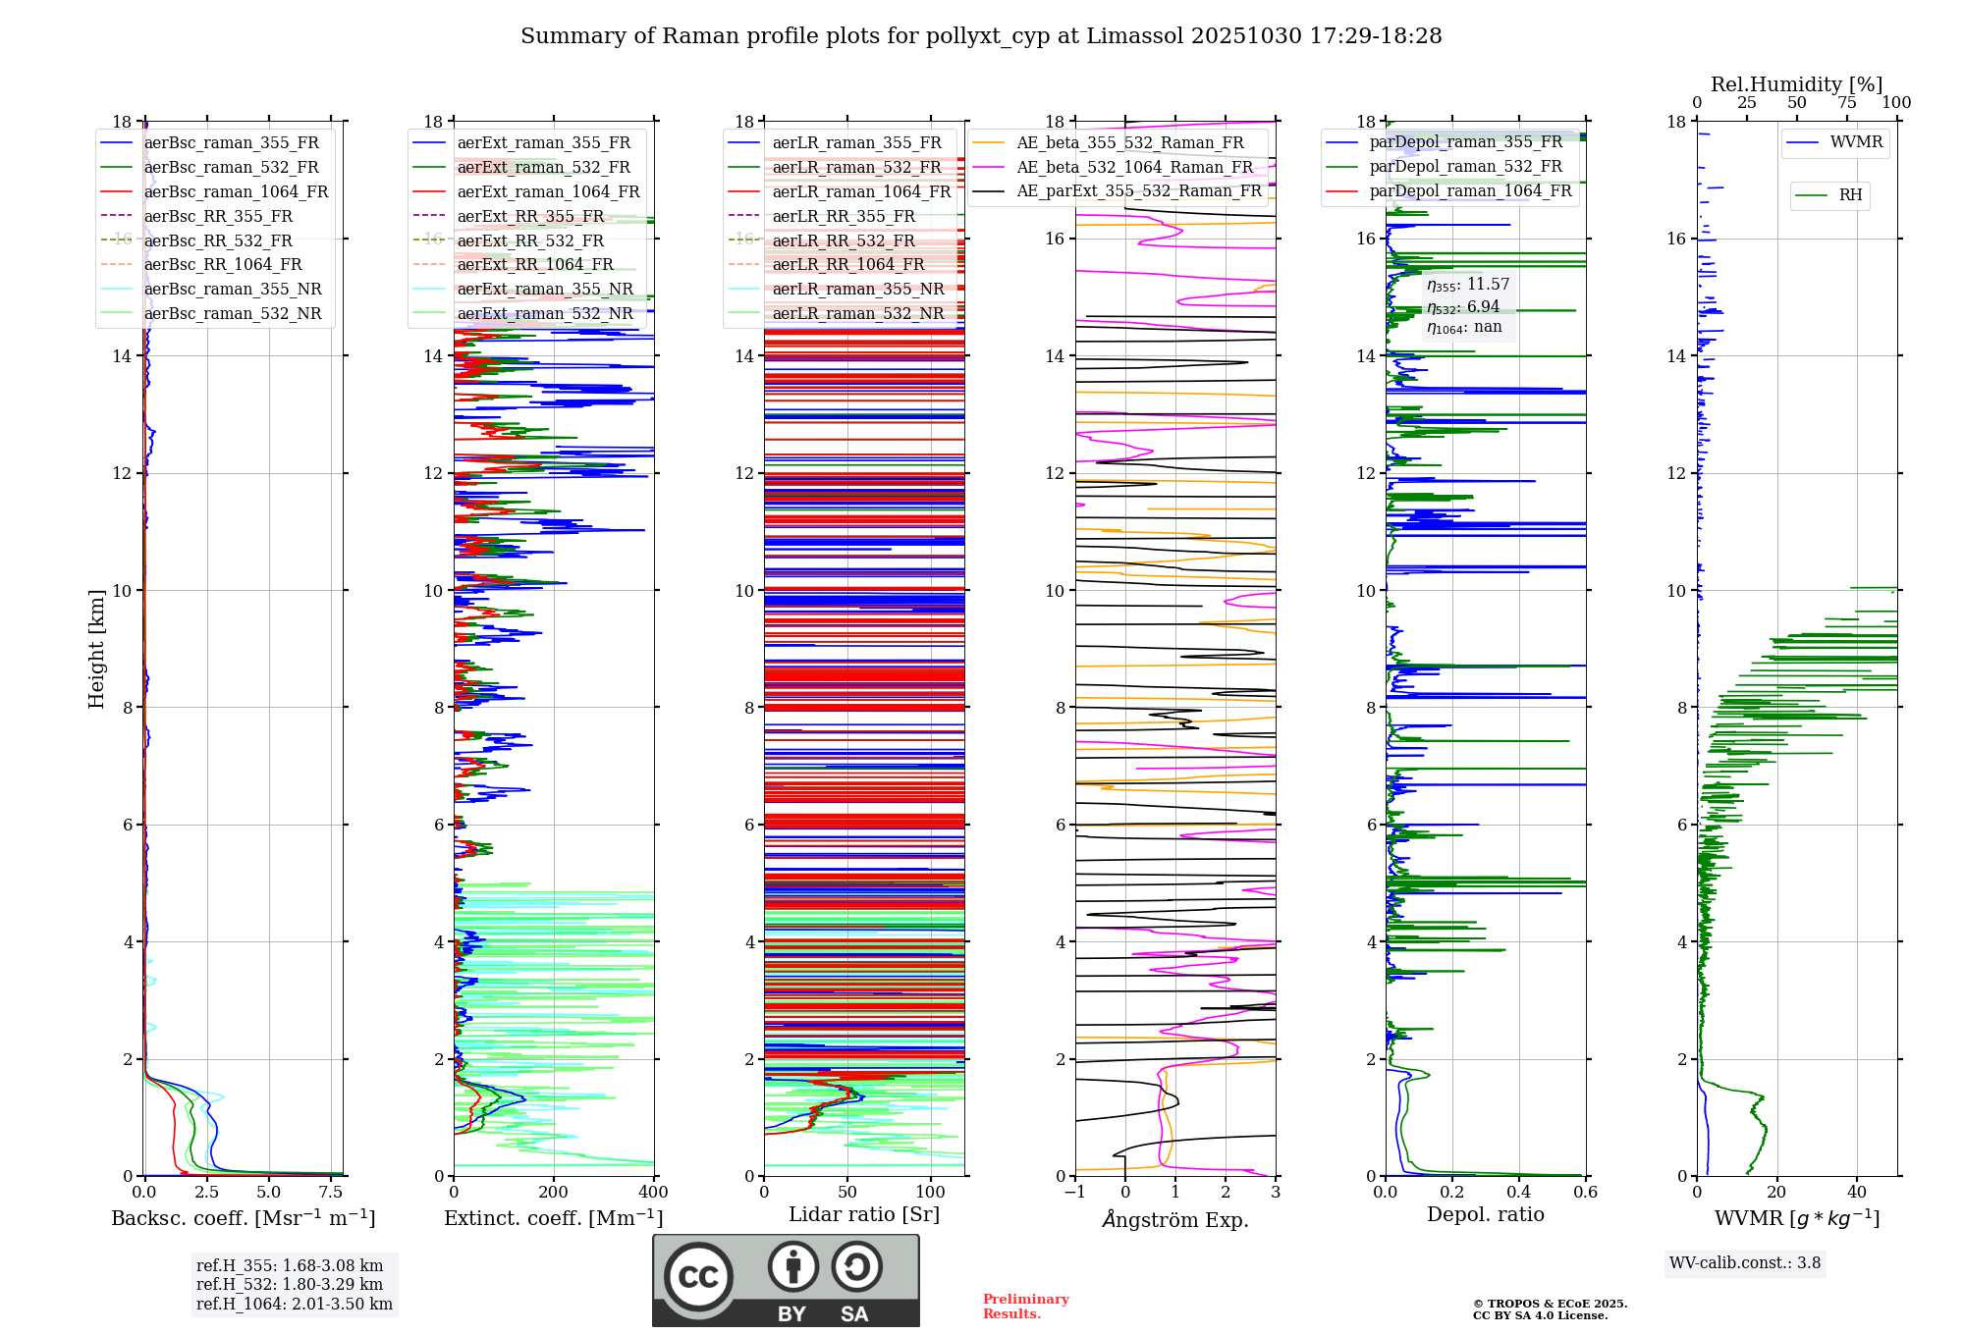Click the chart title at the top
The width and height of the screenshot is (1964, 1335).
981,36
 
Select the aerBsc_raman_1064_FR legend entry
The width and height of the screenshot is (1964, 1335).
236,191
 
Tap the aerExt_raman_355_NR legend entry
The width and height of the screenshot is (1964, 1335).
545,289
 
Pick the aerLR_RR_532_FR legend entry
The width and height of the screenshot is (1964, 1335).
844,240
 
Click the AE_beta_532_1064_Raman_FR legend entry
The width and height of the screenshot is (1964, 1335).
1134,167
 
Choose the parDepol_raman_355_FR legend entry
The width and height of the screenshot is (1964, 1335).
1465,142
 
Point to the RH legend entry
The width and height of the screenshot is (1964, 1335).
1850,195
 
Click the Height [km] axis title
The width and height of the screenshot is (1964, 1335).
96,649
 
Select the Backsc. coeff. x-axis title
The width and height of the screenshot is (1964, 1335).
244,1218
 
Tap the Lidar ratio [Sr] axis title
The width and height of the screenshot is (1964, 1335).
864,1214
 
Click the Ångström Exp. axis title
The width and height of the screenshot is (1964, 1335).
1175,1219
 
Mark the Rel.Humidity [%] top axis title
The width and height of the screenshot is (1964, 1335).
1796,84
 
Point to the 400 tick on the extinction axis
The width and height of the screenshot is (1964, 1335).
654,1193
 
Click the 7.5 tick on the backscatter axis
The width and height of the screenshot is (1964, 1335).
331,1193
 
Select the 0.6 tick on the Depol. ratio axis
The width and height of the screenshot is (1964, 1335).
1585,1193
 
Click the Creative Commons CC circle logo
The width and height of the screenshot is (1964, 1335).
698,1277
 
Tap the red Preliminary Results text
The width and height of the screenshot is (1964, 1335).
1025,1307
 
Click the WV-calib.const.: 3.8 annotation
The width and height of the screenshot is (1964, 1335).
1745,1263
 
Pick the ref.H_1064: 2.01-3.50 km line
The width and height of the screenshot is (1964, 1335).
295,1305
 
